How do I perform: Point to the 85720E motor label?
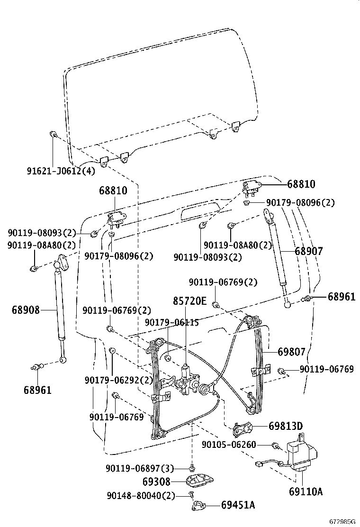[189, 300]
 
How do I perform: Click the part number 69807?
[291, 352]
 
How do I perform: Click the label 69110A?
[306, 491]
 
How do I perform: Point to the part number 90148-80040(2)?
[141, 495]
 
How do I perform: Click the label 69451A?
[238, 505]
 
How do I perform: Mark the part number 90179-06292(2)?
[119, 380]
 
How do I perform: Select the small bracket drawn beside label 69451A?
[199, 506]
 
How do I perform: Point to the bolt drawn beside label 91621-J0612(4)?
[53, 135]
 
